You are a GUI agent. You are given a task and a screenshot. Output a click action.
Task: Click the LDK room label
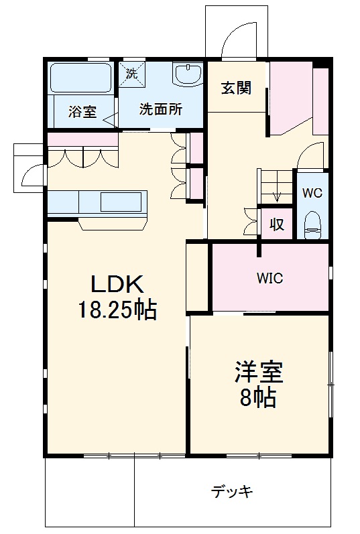click(118, 285)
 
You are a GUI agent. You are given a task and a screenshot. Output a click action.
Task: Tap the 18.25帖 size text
click(118, 310)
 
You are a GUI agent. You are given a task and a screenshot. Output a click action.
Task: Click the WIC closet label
click(270, 278)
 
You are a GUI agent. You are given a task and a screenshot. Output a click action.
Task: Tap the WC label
click(312, 193)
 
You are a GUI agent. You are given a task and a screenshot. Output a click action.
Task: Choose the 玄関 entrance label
click(237, 88)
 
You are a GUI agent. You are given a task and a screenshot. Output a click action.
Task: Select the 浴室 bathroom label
click(82, 112)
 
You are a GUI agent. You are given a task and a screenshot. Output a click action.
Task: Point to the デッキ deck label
click(233, 492)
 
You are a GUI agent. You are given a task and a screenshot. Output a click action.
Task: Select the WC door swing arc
click(308, 157)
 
